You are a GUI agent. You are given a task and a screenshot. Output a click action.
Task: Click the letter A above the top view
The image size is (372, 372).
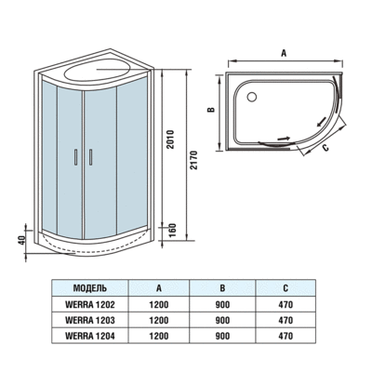click(x=282, y=53)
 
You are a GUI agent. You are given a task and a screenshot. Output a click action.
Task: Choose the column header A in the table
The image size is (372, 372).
click(x=160, y=288)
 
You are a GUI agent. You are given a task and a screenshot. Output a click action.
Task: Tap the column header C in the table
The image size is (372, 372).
click(x=285, y=288)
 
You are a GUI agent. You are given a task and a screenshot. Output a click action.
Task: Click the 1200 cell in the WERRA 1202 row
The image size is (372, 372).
click(x=160, y=304)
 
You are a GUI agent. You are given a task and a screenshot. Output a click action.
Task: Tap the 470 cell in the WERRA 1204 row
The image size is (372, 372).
click(x=285, y=336)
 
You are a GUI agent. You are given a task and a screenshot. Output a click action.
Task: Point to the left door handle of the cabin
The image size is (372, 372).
click(x=78, y=158)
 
